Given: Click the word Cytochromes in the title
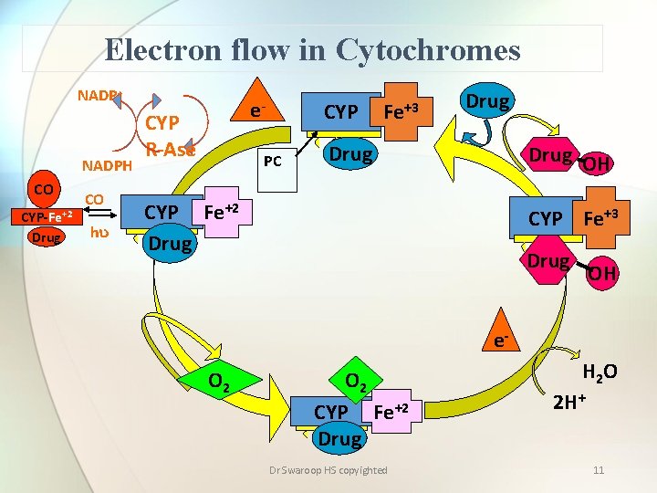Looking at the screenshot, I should (428, 49).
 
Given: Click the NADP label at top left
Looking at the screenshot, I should (96, 95).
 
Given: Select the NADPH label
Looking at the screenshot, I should (108, 165).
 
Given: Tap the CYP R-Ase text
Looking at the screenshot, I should (169, 137).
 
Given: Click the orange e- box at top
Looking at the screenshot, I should (258, 110).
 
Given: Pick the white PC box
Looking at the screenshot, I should (272, 163).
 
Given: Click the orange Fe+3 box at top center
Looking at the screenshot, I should (401, 112).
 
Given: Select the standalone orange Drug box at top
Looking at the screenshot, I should (487, 101).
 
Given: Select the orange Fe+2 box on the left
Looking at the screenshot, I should (220, 213).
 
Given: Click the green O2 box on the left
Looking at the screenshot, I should (219, 377).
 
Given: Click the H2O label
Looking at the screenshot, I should (599, 372).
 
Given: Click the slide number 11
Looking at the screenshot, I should (599, 470).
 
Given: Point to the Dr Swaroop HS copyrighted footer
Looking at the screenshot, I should (328, 470).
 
